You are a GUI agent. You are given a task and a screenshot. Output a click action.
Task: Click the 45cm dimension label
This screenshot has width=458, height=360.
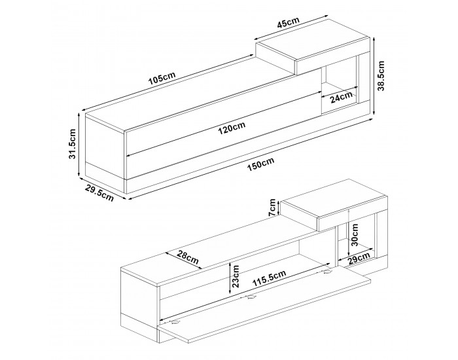(x=288, y=23)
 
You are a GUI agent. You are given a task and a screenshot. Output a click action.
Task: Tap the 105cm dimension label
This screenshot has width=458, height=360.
(x=162, y=78)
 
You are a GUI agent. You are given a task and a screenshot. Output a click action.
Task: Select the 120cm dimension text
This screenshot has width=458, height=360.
(x=232, y=128)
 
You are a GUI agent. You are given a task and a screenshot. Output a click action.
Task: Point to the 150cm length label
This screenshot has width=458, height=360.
(x=261, y=164)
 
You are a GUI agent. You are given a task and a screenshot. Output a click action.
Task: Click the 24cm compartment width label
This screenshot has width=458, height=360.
(x=342, y=98)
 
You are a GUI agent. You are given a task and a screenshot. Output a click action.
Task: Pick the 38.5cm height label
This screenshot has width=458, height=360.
(x=381, y=76)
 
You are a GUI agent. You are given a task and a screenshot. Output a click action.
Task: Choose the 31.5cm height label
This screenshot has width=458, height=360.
(x=72, y=144)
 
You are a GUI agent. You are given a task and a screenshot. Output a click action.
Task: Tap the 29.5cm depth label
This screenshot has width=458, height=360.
(x=99, y=193)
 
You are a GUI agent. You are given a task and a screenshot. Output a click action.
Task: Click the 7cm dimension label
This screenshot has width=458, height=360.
(x=272, y=207)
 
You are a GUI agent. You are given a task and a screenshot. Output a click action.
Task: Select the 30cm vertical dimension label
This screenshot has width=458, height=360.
(x=355, y=235)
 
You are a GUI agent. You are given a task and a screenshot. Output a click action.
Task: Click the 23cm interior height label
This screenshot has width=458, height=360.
(x=236, y=276)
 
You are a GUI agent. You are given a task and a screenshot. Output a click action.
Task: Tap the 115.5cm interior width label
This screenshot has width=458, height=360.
(x=269, y=278)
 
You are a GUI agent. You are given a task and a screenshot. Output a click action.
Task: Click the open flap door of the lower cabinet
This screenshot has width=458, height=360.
(x=264, y=304)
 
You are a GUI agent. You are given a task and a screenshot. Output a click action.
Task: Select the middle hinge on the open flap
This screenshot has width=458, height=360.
(x=251, y=298)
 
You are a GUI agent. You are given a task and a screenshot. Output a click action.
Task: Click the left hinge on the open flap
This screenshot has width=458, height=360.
(x=175, y=322)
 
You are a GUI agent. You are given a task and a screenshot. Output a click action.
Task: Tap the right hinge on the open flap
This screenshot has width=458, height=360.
(x=326, y=273)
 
